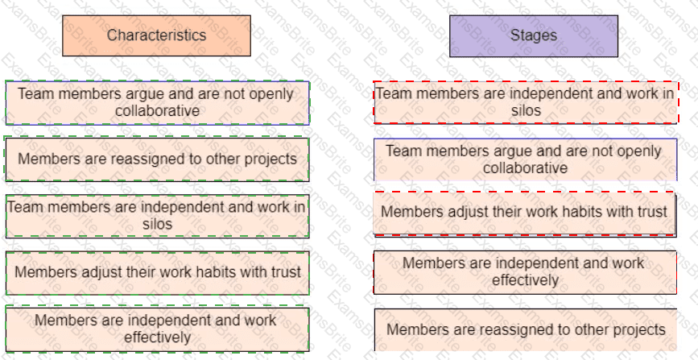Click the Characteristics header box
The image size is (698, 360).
tap(156, 35)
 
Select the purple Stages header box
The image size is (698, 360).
tap(533, 35)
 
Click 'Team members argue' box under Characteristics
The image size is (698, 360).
tap(157, 102)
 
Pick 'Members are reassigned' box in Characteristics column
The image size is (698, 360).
tap(157, 159)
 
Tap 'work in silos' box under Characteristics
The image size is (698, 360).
tap(157, 215)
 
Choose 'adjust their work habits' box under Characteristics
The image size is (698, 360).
tap(157, 272)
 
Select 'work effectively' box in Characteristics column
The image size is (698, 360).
tap(157, 329)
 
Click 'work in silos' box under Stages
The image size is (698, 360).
tap(526, 101)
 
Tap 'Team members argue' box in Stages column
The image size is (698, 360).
tap(525, 159)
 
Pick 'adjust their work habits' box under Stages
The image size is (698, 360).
tap(524, 213)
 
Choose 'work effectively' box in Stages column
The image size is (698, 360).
tap(525, 272)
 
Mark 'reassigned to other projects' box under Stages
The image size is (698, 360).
tap(525, 329)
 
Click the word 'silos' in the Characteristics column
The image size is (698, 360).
tap(157, 224)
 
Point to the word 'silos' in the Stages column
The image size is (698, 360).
tap(526, 110)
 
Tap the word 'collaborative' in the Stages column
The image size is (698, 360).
tap(525, 168)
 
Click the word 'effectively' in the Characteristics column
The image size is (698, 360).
tap(157, 337)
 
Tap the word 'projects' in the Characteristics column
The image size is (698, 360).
tap(270, 159)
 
